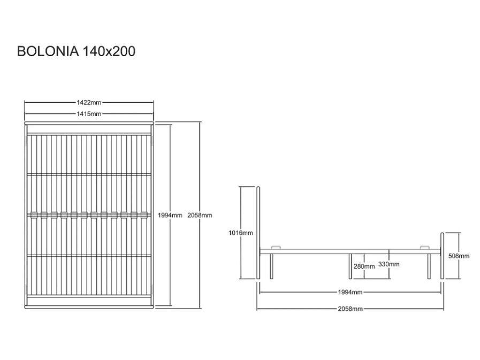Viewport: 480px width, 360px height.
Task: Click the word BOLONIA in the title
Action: pos(48,51)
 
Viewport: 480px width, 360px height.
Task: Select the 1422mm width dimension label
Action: pos(89,103)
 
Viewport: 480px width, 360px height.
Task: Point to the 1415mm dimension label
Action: pos(89,114)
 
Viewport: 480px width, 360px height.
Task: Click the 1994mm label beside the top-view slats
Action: pos(170,215)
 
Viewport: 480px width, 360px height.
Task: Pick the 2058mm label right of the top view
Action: pos(200,215)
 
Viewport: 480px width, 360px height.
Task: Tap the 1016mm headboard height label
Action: pos(241,233)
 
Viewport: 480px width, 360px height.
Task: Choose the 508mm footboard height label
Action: pos(459,256)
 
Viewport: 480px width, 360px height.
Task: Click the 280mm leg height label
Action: pos(364,266)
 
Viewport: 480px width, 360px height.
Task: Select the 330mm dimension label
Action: pos(389,264)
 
